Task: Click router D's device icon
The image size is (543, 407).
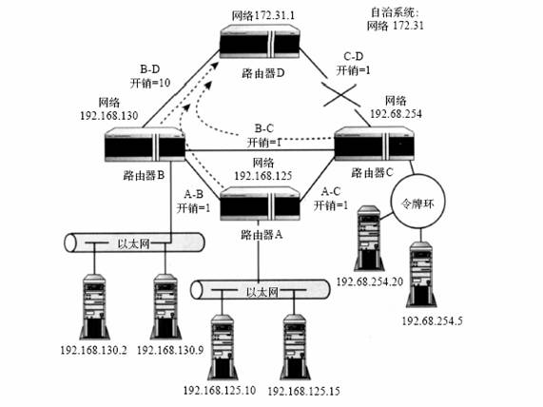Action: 260,42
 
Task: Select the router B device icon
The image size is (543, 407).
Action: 145,145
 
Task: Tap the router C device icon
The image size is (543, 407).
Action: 375,144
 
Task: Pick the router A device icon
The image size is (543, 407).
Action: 260,203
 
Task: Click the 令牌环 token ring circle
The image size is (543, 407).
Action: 417,202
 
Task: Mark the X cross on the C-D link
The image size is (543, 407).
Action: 339,94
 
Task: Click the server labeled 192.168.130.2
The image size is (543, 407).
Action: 94,307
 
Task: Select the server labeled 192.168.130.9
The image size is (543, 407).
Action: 165,307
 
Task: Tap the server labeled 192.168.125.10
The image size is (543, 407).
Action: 222,347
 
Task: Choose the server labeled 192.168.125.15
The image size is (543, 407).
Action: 295,347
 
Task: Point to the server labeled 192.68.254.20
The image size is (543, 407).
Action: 369,239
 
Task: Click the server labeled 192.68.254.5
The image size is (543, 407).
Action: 421,275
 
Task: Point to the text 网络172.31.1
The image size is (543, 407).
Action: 263,15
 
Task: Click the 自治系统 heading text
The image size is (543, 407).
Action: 395,12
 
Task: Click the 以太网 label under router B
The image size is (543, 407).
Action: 134,243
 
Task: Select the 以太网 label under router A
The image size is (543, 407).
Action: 262,292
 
